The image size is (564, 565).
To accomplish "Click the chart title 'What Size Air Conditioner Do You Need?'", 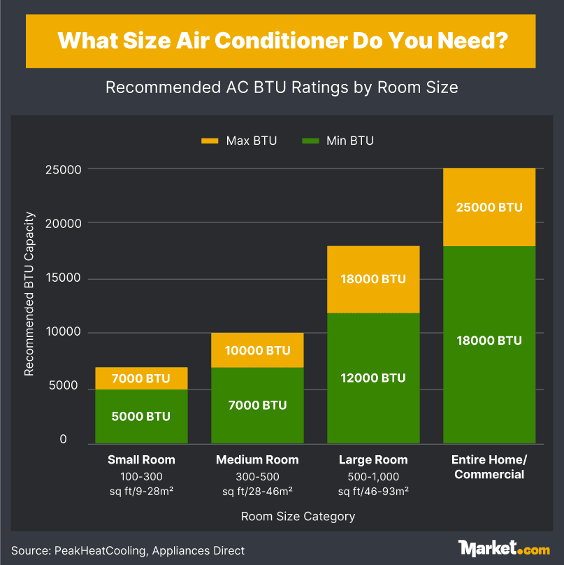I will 282,41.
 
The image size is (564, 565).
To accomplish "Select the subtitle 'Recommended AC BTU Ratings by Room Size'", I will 282,87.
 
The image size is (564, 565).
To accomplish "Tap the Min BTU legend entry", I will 339,141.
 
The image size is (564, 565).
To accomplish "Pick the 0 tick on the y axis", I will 63,439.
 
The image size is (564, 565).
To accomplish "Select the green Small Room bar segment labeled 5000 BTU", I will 141,416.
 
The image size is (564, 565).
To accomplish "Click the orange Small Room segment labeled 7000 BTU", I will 141,378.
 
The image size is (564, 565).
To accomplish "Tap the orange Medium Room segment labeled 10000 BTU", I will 257,350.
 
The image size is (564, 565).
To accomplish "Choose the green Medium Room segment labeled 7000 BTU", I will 257,406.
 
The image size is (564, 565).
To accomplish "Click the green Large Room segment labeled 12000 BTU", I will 373,378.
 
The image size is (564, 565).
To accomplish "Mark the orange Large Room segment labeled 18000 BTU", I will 373,279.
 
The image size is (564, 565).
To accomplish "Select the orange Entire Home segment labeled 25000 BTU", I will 489,207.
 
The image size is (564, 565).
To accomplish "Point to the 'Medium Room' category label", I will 257,460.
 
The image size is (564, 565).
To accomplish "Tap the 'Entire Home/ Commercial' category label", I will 489,467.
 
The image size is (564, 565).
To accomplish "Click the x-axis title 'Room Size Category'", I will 298,517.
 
